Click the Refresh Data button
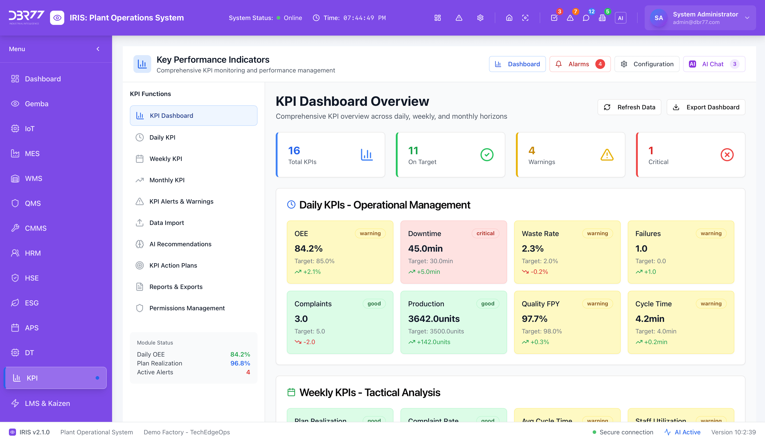(x=629, y=107)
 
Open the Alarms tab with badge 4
(x=580, y=64)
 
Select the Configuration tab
(x=647, y=64)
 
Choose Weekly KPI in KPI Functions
(x=165, y=159)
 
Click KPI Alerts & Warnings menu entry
(x=181, y=201)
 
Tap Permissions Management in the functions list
(x=187, y=308)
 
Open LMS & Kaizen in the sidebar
(x=47, y=403)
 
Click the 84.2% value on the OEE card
(x=308, y=248)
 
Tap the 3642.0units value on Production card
(x=434, y=319)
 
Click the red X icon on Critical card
(x=727, y=155)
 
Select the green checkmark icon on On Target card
(x=487, y=155)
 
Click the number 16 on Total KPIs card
(x=294, y=150)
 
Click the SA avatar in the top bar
(x=658, y=18)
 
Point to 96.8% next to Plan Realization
(x=240, y=363)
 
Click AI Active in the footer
(x=687, y=432)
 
